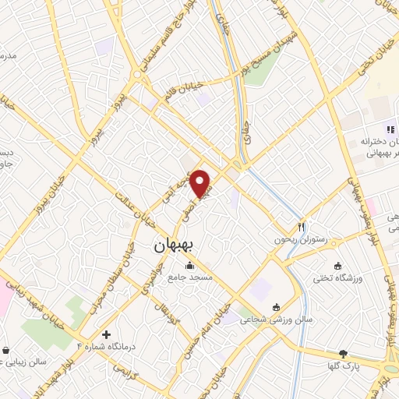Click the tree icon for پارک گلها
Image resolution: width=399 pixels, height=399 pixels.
pyautogui.click(x=343, y=354)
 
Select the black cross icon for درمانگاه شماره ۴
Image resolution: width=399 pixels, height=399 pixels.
pyautogui.click(x=106, y=334)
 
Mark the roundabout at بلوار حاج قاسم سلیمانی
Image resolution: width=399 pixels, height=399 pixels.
pyautogui.click(x=138, y=75)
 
